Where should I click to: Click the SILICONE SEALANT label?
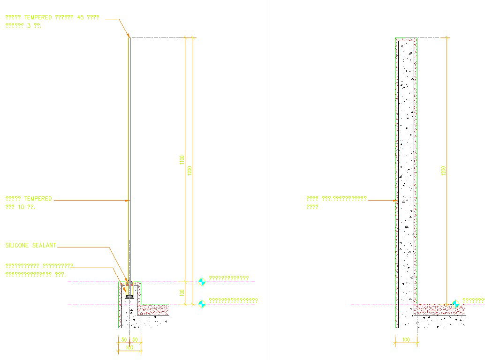(x=30, y=245)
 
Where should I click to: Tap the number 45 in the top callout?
(x=80, y=17)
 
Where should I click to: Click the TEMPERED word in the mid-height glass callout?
(x=38, y=199)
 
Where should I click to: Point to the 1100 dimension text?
(x=182, y=160)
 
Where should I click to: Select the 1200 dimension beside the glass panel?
(x=190, y=171)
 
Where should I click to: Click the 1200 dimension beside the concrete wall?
(x=444, y=171)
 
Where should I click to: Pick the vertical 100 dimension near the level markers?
(x=182, y=293)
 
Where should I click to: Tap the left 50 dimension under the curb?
(x=124, y=339)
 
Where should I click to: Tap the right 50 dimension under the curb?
(x=135, y=339)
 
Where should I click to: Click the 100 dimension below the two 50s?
(x=129, y=347)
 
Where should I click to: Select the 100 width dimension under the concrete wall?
(x=406, y=340)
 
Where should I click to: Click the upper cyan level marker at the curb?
(x=202, y=281)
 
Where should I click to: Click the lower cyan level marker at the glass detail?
(x=202, y=304)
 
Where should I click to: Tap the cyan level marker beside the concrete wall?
(x=455, y=304)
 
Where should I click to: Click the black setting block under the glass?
(x=129, y=296)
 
